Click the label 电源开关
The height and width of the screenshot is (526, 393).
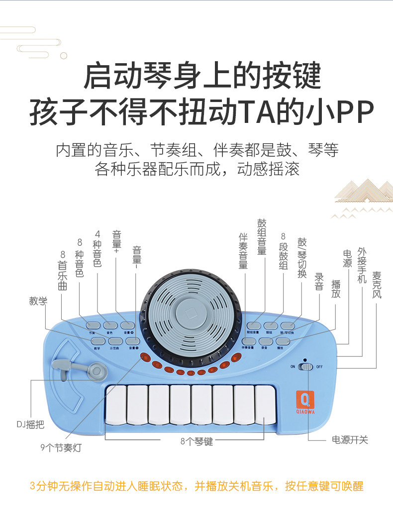point(350,440)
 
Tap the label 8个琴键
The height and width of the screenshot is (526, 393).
point(196,441)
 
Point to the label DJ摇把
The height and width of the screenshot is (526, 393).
point(29,424)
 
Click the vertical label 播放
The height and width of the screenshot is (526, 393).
point(336,289)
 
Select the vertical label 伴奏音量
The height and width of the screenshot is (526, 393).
point(243,251)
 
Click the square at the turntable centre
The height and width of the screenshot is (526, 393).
point(191,314)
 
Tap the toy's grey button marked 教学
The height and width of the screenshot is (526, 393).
point(98,341)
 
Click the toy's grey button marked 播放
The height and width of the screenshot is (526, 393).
point(282,341)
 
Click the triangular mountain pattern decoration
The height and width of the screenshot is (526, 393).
point(363,192)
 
